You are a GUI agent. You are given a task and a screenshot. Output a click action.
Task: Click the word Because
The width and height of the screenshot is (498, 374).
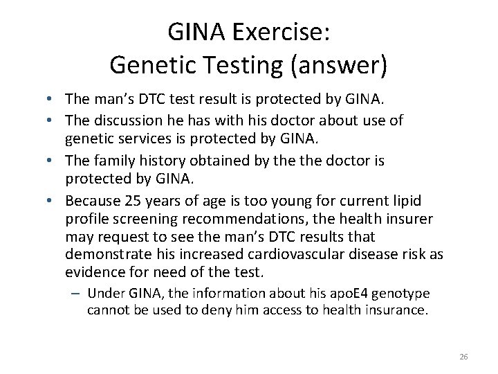pos(92,200)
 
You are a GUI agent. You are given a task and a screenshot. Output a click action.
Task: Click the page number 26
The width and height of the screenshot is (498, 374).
pos(463,356)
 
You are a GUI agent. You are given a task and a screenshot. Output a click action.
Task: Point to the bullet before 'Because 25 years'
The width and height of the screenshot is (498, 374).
pos(54,200)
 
